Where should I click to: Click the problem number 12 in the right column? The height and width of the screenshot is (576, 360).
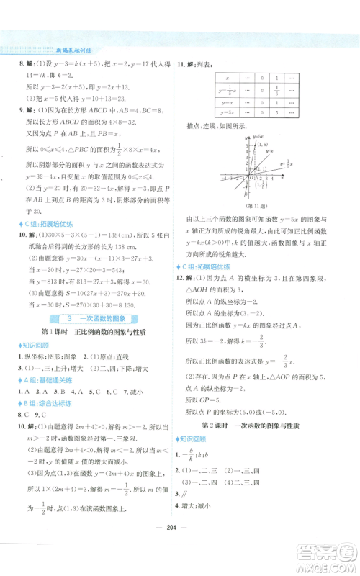pos(180,276)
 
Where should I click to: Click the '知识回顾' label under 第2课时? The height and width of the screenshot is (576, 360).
pos(194,459)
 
